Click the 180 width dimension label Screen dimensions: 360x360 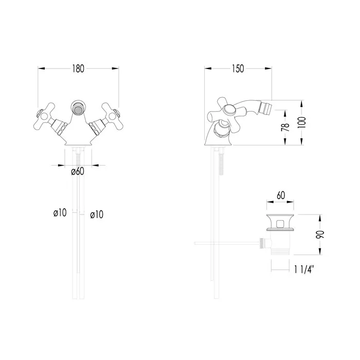(78, 68)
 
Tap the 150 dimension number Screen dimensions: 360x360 (238, 68)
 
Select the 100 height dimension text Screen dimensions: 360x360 (303, 122)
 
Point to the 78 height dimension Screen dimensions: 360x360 (285, 127)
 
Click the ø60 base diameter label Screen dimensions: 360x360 (78, 171)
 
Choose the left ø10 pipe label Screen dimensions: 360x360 (60, 212)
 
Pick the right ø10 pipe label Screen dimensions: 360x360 (97, 214)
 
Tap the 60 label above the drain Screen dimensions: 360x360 (281, 195)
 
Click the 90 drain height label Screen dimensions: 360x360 (320, 235)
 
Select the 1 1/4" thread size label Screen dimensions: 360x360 (304, 269)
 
